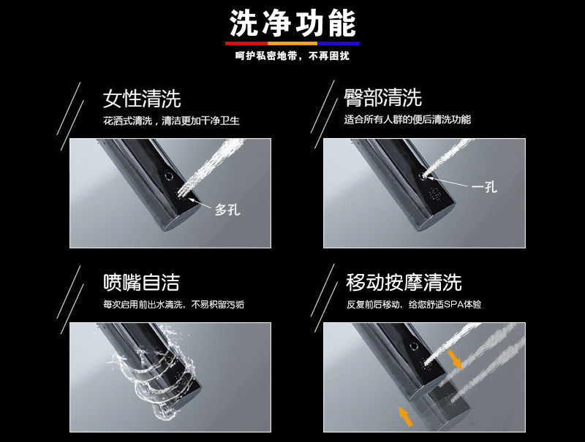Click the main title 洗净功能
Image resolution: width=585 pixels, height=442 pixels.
coord(292,23)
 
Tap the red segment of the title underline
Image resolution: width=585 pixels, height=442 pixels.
coord(246,44)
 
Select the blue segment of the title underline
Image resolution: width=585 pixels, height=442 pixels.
coord(339,44)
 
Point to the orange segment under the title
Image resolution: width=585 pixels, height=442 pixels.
coord(292,44)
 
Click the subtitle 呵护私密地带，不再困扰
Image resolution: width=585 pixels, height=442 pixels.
coord(292,56)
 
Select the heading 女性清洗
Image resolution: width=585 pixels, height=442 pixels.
coord(142,99)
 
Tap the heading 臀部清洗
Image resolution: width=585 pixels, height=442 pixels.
coord(382,98)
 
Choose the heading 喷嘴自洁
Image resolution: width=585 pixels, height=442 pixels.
coord(141,282)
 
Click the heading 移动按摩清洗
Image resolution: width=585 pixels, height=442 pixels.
coord(404,282)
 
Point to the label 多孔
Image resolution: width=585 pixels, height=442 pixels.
coord(227,210)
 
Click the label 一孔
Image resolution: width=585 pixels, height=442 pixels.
coord(484,186)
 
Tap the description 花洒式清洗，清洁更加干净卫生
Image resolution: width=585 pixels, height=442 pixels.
coord(171,121)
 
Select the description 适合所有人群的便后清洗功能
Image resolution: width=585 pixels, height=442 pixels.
coord(407,120)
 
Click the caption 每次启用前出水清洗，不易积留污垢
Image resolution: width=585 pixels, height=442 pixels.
coord(173,305)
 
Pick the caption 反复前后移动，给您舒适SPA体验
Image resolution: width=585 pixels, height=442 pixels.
coord(414,305)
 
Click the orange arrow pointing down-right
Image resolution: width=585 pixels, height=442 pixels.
coord(455,359)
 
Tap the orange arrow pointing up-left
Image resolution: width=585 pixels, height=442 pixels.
coord(406,416)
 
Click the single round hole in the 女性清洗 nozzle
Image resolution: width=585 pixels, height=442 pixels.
coord(169,175)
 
